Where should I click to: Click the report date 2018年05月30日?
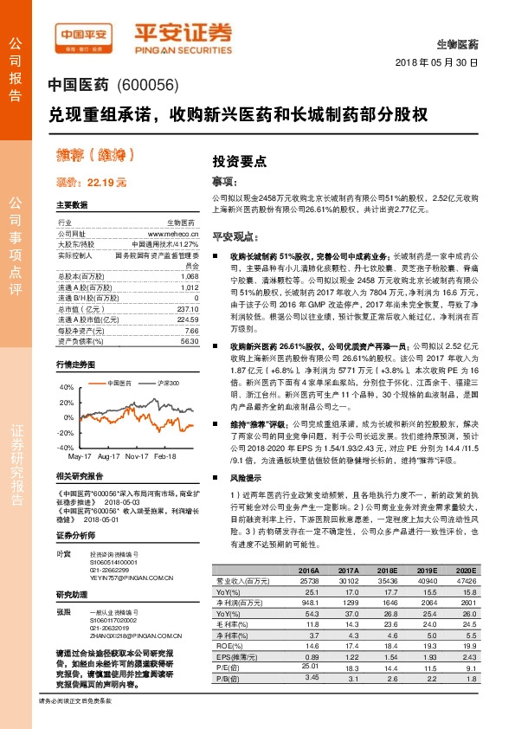point(437,64)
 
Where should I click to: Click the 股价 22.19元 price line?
point(92,183)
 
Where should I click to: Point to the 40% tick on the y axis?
point(67,388)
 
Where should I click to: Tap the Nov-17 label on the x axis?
point(136,455)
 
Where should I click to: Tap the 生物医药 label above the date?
point(457,43)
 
